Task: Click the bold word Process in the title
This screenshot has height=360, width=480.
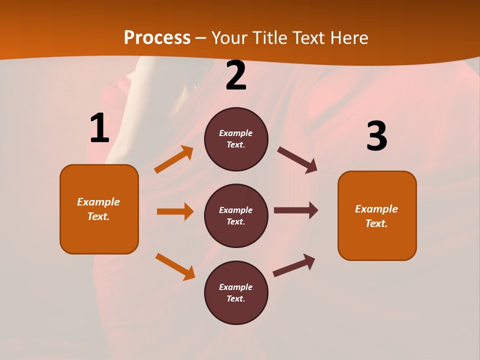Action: pos(157,37)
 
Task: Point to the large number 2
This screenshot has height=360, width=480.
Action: pos(236,75)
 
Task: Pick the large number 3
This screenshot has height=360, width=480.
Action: pos(376,136)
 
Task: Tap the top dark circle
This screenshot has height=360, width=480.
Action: pos(236,139)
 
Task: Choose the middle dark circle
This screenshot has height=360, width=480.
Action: pos(236,215)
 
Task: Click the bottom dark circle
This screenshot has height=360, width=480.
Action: pos(236,292)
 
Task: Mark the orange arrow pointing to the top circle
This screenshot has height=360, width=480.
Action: pos(174,159)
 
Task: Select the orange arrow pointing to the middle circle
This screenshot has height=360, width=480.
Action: pos(175,211)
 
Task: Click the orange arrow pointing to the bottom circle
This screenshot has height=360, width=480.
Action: pos(175,266)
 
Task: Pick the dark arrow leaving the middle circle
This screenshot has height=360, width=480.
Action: pos(296,210)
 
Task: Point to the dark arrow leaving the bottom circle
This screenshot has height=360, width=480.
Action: pos(294,265)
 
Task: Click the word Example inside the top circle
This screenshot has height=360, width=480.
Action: pos(236,133)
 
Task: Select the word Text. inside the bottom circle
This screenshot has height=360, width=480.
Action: pos(236,298)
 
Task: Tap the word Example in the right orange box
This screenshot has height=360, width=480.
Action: pos(376,209)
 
